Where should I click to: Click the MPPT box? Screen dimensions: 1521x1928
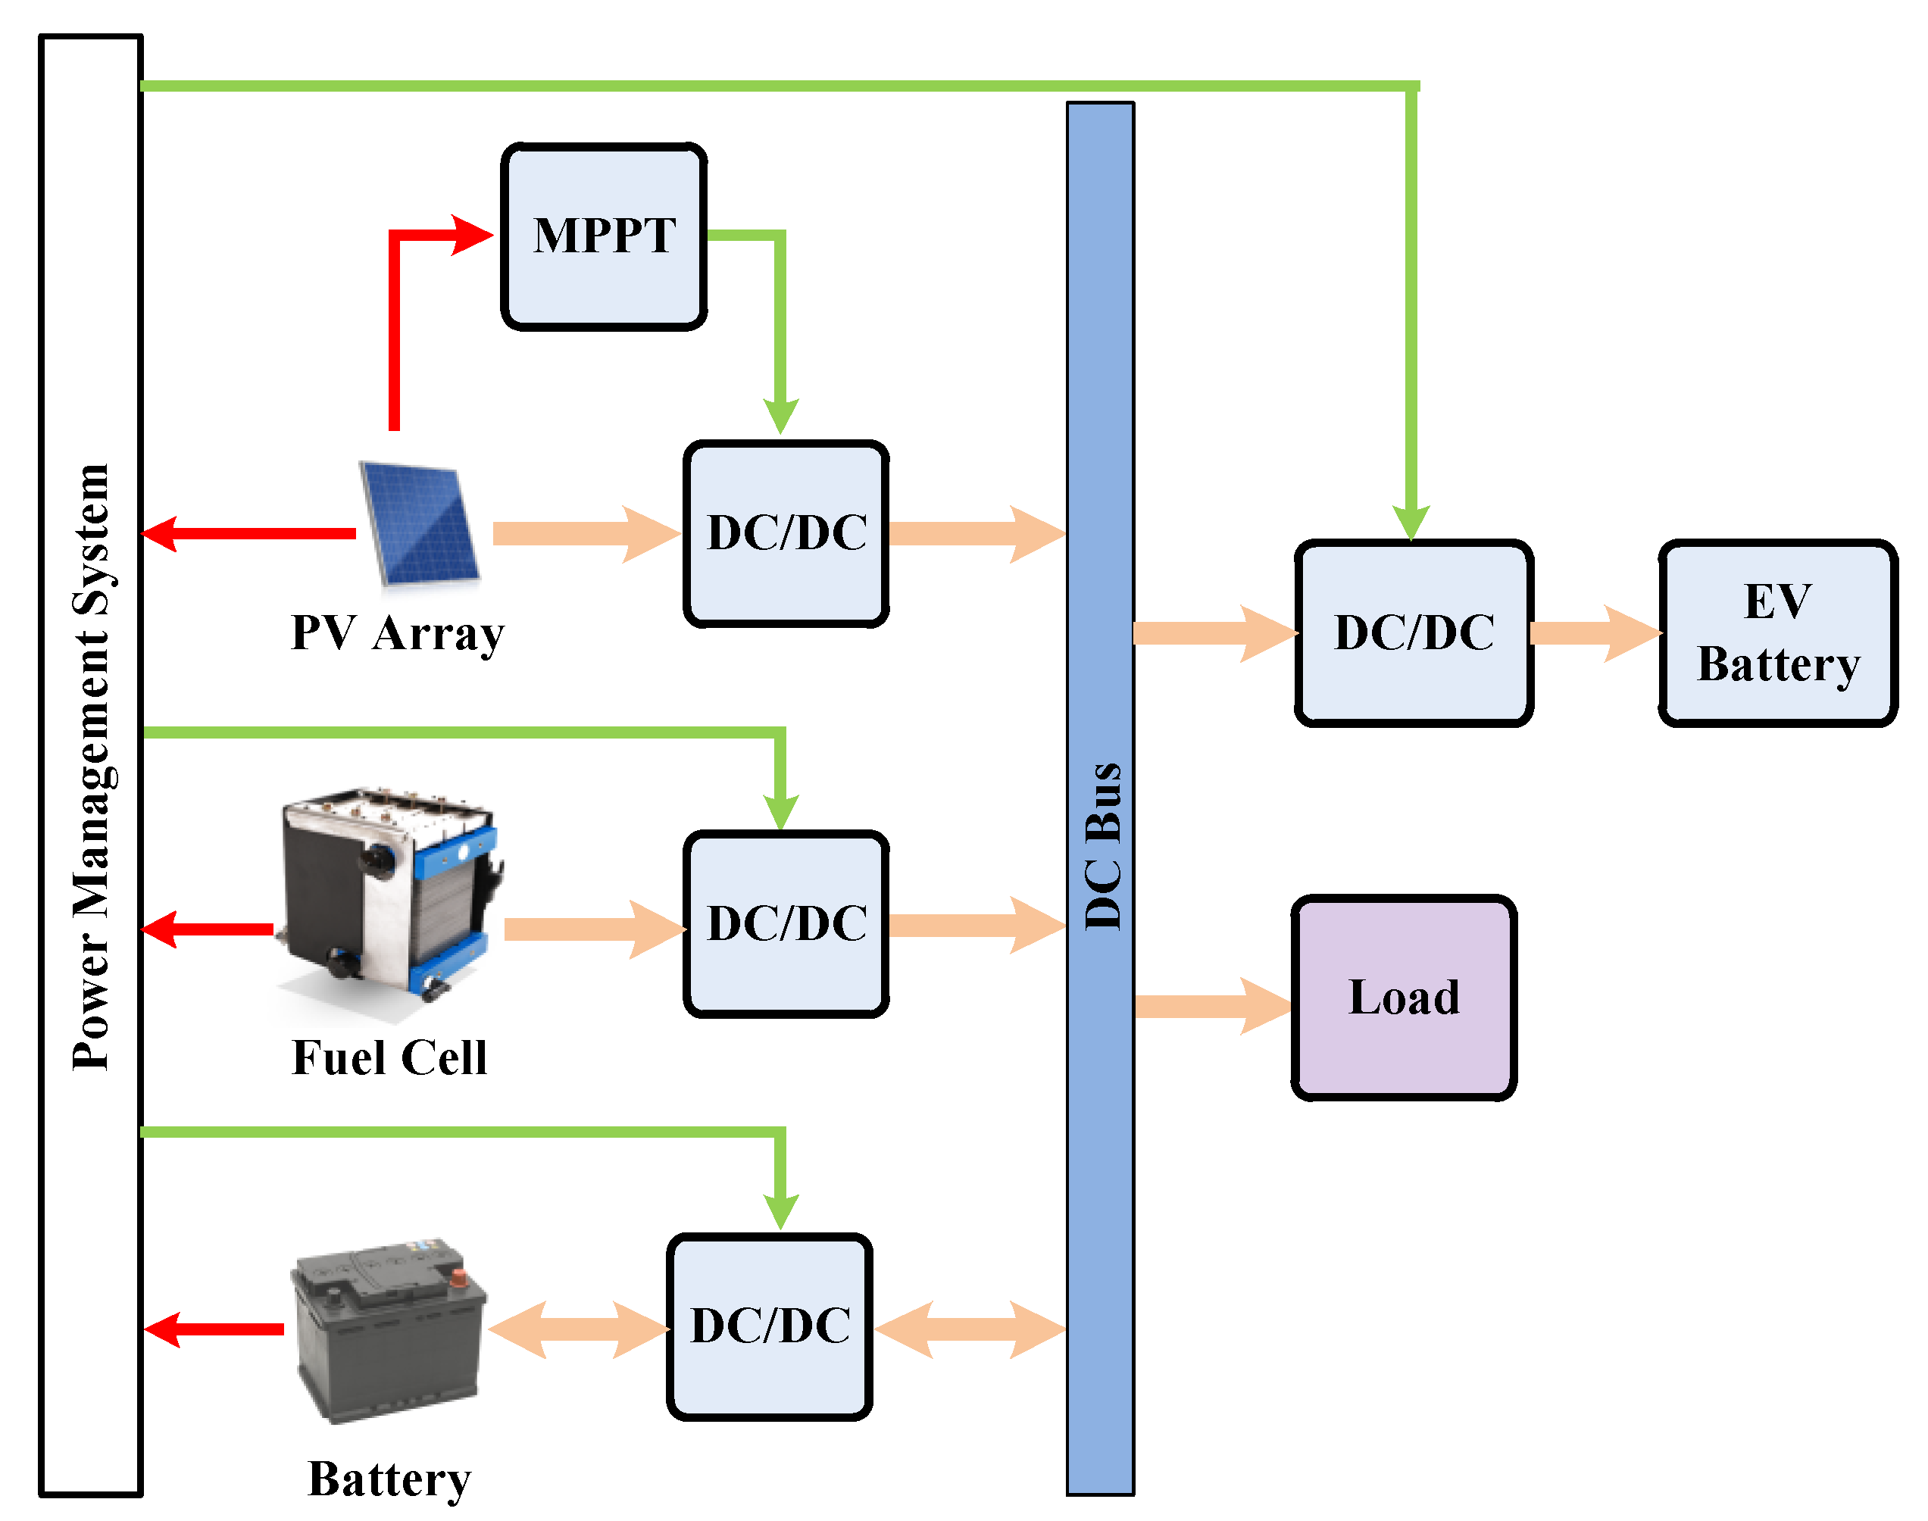(x=604, y=237)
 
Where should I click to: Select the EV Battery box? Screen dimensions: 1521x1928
(x=1777, y=633)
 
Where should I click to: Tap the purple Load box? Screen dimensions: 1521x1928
(x=1404, y=998)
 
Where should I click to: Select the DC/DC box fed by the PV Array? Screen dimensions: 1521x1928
(x=786, y=534)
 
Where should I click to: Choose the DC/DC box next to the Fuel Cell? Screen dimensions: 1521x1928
(x=786, y=924)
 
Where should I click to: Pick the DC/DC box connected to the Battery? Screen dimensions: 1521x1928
(x=770, y=1327)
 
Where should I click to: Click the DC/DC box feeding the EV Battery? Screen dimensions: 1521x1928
(x=1414, y=633)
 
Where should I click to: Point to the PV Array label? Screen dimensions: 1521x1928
(x=397, y=634)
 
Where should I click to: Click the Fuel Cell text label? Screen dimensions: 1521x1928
(x=389, y=1059)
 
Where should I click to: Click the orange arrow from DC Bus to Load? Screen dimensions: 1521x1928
(x=1211, y=1006)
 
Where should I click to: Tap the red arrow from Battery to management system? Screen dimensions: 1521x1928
(x=214, y=1329)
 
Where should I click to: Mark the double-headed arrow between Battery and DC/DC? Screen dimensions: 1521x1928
(x=579, y=1329)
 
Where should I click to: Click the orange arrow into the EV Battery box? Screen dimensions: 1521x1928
(x=1594, y=633)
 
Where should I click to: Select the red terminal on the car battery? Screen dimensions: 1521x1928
(x=458, y=1279)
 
